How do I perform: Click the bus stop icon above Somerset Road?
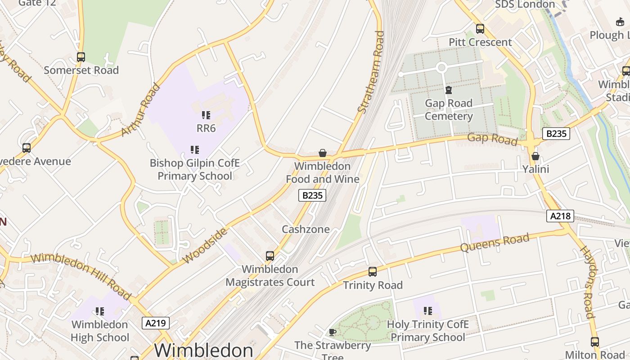81,57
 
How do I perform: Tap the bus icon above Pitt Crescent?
480,29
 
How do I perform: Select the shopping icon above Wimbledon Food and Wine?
323,153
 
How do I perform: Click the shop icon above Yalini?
535,156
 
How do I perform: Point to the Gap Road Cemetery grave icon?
449,90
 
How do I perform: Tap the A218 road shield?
561,216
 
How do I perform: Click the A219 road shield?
156,323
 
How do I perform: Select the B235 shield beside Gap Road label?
556,134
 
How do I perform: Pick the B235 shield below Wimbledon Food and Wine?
312,195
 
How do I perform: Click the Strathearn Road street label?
372,72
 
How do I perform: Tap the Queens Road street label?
495,243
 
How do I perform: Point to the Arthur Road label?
141,110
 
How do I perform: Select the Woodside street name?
205,246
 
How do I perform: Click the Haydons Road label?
587,282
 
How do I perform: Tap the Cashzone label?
306,229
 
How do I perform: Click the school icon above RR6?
206,115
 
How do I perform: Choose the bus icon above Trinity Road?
373,272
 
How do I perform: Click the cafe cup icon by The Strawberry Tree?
333,332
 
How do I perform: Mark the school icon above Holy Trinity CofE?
428,311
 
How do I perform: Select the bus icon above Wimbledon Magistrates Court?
270,256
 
